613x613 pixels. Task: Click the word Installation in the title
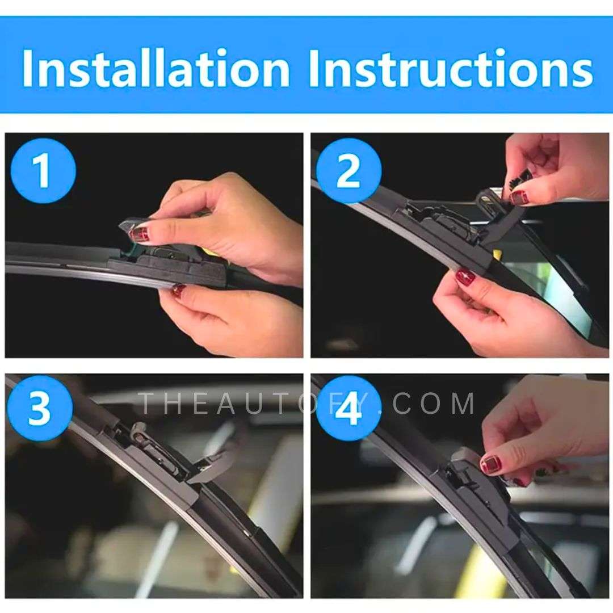tap(156, 68)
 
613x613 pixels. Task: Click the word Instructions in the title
tap(451, 68)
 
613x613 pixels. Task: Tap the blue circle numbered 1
tap(43, 170)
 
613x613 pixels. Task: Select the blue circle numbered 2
tap(349, 170)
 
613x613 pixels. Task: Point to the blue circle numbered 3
tap(40, 408)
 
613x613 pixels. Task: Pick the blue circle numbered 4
tap(349, 408)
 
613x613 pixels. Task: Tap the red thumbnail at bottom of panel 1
tap(178, 290)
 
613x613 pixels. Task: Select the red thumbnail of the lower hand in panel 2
tap(465, 277)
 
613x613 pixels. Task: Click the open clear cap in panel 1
tap(131, 226)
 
